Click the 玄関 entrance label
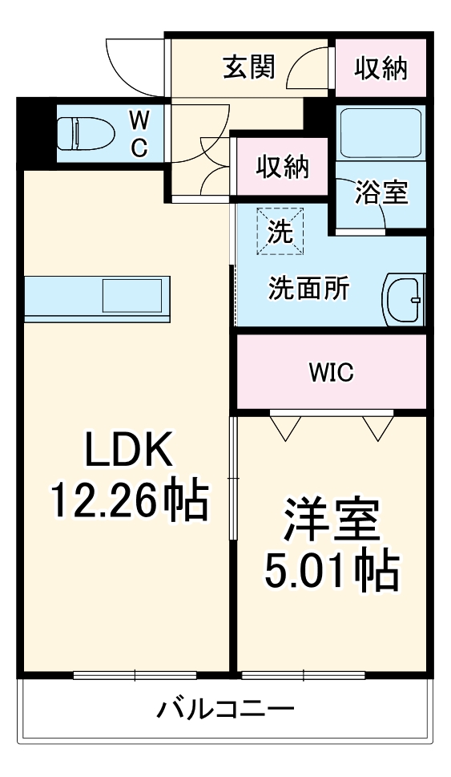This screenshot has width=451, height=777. [248, 68]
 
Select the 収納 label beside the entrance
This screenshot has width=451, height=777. [381, 68]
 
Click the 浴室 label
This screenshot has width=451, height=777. [382, 192]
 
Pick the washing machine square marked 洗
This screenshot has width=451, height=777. [280, 231]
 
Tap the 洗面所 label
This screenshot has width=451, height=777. [308, 289]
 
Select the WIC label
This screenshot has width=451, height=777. [332, 373]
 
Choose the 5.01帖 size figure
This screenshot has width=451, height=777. [332, 570]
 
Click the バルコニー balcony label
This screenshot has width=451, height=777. [225, 709]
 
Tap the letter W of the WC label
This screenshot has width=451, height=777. [139, 121]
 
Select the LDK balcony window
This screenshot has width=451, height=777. [135, 674]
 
